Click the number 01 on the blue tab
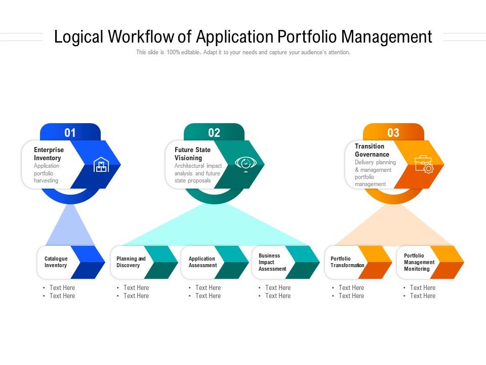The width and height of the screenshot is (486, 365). pos(70,133)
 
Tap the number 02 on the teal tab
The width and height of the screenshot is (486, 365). pos(214,133)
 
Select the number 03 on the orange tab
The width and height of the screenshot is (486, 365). pos(393,133)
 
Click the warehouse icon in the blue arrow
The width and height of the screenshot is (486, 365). pos(101,164)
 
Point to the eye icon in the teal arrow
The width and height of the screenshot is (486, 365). pos(246,164)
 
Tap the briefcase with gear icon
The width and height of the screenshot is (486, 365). pos(424,164)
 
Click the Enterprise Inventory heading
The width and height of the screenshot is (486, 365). pos(49,154)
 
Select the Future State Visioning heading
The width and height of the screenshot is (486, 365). pos(192,154)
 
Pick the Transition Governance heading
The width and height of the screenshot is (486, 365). pos(372,150)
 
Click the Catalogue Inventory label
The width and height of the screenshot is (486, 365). pos(56,262)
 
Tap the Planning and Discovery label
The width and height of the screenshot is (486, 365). pos(131,262)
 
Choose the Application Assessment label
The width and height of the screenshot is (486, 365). pos(202,262)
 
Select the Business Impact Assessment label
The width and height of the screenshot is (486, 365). pos(272,262)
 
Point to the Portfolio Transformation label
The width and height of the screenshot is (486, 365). pos(347,262)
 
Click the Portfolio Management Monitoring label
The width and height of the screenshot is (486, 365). pos(419,262)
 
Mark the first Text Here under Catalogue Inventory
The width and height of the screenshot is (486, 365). pos(62,288)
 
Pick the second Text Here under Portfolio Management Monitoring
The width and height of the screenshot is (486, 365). pos(423,296)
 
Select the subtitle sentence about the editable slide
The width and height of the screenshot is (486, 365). pos(243,52)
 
